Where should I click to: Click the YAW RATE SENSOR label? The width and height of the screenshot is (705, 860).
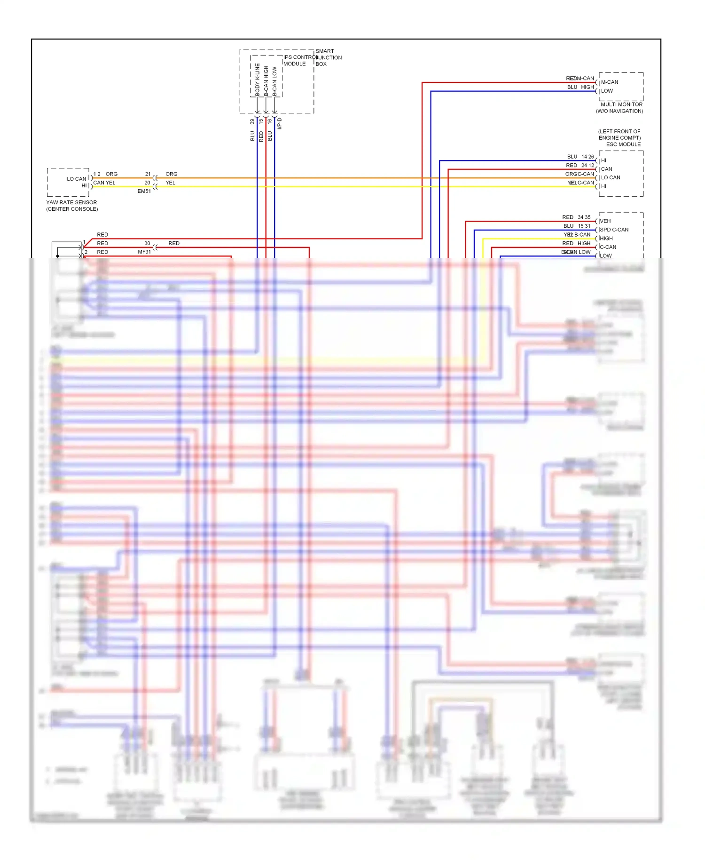pos(71,202)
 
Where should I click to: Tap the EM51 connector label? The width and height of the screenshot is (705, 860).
pos(144,191)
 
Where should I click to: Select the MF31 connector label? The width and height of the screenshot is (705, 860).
pos(144,252)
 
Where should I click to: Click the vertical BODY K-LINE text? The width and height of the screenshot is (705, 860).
pos(257,80)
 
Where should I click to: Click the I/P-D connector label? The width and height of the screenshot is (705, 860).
pos(279,123)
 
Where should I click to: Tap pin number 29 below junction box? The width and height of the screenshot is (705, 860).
pos(252,121)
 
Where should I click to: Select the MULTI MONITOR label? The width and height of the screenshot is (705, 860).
pos(621,104)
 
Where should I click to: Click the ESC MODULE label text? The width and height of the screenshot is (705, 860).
pos(623,144)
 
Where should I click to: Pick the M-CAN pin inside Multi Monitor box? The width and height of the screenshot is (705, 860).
pos(610,82)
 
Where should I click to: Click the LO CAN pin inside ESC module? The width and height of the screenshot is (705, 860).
pos(611,178)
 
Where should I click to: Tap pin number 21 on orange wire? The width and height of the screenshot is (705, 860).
pos(148,174)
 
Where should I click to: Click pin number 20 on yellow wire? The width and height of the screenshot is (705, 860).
pos(147,183)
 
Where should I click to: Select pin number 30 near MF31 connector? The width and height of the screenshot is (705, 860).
pos(147,244)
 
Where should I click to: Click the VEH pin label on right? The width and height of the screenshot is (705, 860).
pos(605,221)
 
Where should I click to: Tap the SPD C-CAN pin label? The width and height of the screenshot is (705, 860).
pos(614,230)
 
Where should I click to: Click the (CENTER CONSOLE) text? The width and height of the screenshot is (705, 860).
pos(72,209)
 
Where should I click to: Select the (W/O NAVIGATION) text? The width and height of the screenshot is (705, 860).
pos(619,111)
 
